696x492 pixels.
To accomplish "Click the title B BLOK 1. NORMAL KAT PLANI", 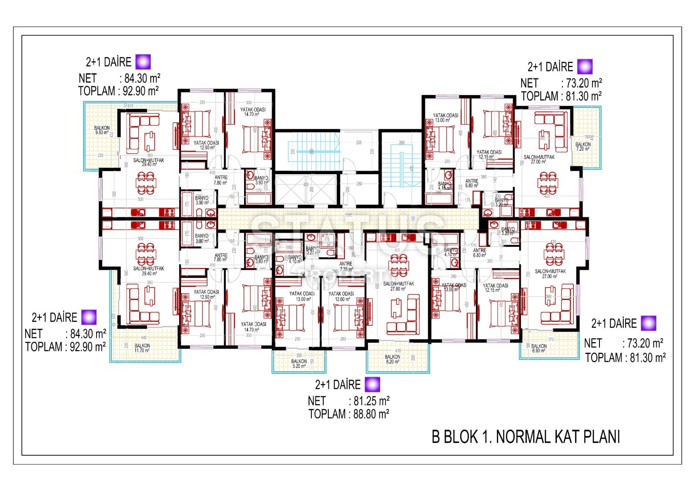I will [525, 437].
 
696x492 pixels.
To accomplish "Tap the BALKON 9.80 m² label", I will [102, 130].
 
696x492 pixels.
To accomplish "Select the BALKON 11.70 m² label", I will [142, 348].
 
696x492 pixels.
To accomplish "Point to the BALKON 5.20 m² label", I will [299, 364].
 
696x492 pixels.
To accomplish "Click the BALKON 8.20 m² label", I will [392, 359].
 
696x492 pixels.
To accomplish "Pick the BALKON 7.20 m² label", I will [583, 146].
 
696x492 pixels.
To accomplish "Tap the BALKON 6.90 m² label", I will [539, 348].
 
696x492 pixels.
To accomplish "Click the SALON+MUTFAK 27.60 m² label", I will [398, 286].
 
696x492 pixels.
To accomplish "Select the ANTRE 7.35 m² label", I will [346, 266].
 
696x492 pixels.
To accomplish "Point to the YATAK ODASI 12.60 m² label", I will [341, 297].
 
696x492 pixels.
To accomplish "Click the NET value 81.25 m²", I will [371, 401].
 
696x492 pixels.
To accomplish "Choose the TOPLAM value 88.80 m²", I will [371, 414].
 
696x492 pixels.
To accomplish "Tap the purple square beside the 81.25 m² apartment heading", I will [372, 384].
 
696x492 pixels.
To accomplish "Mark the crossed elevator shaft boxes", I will [307, 189].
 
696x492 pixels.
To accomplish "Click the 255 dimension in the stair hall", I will [359, 142].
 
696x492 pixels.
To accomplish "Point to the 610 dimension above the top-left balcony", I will [130, 106].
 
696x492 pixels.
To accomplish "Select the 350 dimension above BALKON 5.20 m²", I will [299, 356].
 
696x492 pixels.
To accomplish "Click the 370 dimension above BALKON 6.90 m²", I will [551, 340].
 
